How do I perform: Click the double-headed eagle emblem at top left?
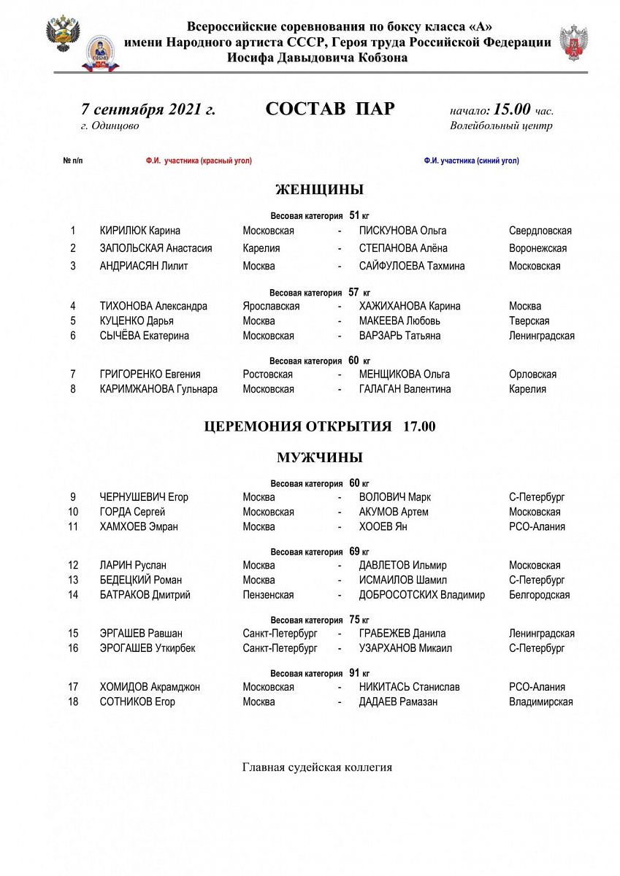(x=63, y=34)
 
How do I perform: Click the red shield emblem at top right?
(x=573, y=42)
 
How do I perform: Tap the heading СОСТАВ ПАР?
(x=329, y=109)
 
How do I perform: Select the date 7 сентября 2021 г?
(x=148, y=110)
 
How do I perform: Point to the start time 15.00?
(x=511, y=110)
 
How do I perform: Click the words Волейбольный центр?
(x=501, y=126)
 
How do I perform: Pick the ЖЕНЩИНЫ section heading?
(x=319, y=190)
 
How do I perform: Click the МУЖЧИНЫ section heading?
(x=319, y=458)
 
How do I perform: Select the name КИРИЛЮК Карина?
(x=140, y=231)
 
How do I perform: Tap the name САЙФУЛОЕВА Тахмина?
(x=412, y=266)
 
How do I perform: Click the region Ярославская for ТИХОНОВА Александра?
(x=271, y=306)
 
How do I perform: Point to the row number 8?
(x=73, y=389)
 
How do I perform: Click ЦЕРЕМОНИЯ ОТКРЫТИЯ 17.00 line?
(x=319, y=426)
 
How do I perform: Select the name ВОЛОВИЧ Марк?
(x=395, y=497)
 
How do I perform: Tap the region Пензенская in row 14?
(x=268, y=595)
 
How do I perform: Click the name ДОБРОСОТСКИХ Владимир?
(x=422, y=595)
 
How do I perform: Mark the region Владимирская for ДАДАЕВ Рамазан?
(x=540, y=702)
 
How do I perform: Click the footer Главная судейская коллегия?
(x=317, y=767)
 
